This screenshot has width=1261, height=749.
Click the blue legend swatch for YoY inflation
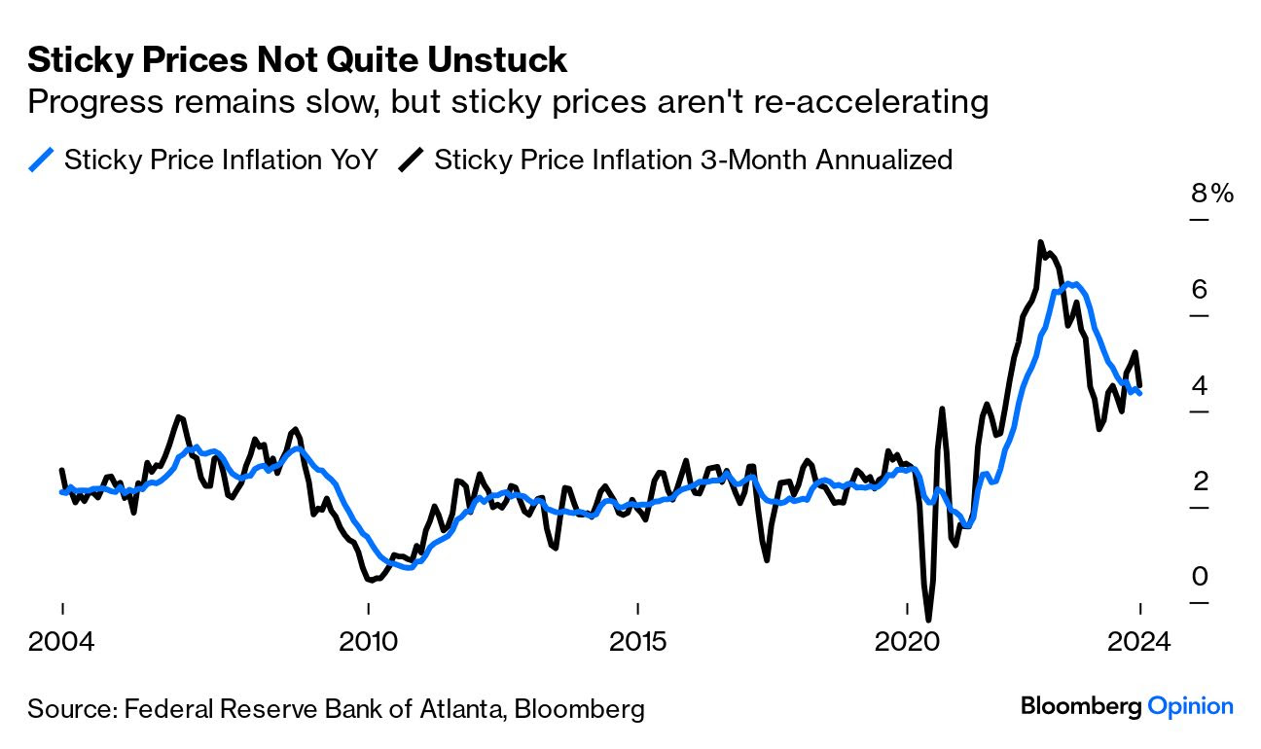tap(42, 160)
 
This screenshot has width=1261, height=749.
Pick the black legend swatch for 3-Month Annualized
tap(412, 160)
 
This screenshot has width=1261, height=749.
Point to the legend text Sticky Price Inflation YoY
tap(220, 160)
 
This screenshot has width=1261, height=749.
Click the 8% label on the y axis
tap(1211, 193)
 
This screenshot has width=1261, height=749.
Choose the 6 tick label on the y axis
tap(1199, 289)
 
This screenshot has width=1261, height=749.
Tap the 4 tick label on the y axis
tap(1199, 385)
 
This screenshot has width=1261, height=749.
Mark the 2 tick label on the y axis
tap(1199, 481)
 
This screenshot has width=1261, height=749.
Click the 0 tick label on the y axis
tap(1199, 577)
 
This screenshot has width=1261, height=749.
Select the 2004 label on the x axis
tap(62, 643)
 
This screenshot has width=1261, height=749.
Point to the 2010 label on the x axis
tap(368, 643)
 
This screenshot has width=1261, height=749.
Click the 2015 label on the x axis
tap(637, 643)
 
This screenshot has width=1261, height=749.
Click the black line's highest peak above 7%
tap(1040, 242)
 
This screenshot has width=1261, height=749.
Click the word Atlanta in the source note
tap(462, 709)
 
